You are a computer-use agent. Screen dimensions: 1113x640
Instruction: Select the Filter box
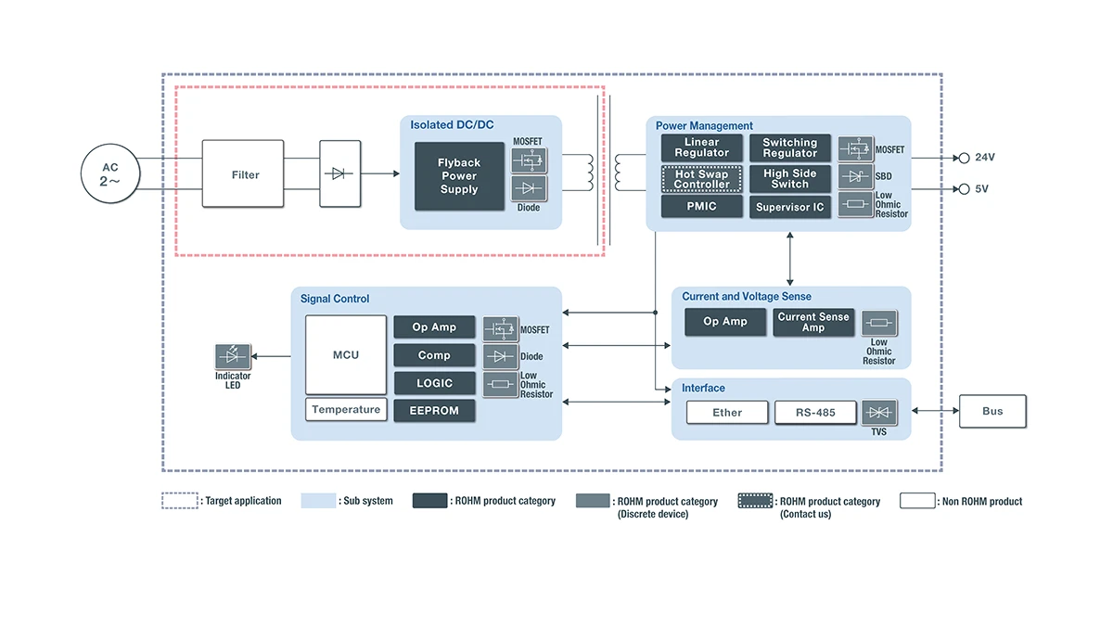(x=243, y=173)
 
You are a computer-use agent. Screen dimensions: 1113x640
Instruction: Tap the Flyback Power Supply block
(x=459, y=176)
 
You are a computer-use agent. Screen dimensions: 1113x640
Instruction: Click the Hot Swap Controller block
(x=701, y=179)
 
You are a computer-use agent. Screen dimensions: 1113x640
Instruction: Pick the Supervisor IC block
(x=790, y=207)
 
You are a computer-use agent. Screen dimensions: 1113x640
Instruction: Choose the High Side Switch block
(x=790, y=179)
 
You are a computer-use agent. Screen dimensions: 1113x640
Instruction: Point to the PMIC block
(x=701, y=206)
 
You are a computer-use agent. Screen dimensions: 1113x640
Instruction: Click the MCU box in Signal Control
(x=346, y=354)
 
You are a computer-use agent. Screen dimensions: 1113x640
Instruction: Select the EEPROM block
(x=434, y=411)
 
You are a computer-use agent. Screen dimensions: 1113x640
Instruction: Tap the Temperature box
(x=346, y=409)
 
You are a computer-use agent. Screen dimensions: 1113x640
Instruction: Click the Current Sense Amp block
(x=813, y=322)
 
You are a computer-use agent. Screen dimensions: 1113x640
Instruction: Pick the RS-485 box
(x=815, y=413)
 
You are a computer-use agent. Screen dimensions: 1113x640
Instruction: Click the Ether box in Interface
(x=727, y=413)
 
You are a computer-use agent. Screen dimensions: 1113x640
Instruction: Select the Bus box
(x=992, y=411)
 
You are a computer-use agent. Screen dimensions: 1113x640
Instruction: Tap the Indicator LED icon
(x=233, y=356)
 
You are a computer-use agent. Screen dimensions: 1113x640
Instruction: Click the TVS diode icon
(x=879, y=412)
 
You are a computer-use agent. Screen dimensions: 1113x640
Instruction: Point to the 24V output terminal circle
(x=964, y=158)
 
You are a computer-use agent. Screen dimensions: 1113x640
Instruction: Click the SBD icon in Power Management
(x=855, y=176)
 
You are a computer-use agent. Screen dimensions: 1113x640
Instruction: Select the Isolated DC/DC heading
(x=452, y=124)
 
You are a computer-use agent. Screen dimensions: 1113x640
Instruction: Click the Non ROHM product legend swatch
(x=917, y=500)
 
